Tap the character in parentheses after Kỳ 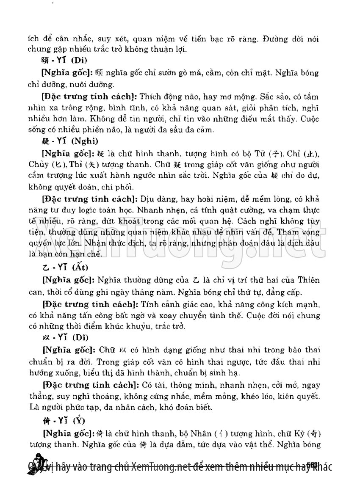pyautogui.click(x=313, y=433)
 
